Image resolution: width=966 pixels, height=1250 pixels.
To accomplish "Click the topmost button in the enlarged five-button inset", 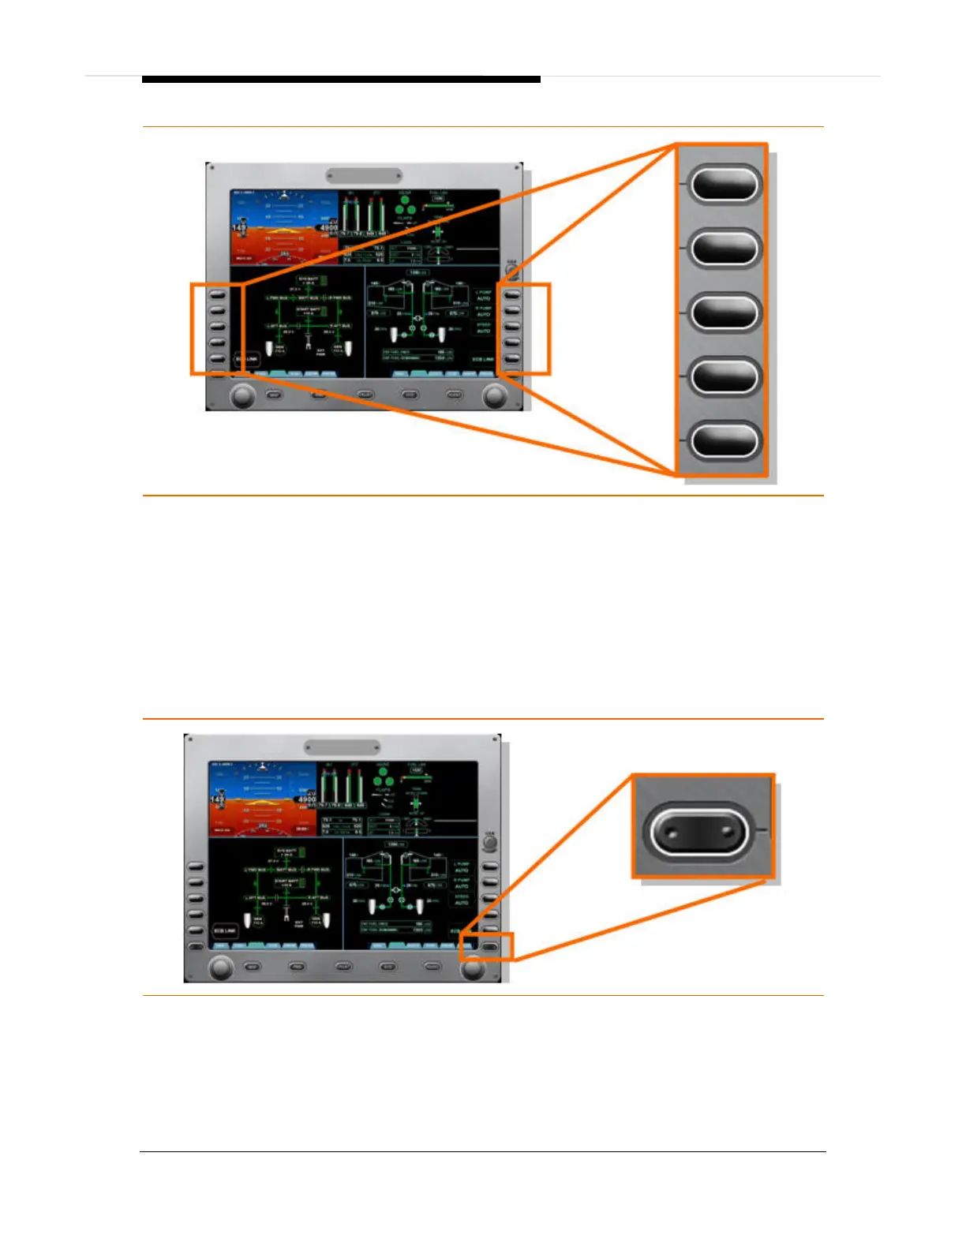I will tap(724, 185).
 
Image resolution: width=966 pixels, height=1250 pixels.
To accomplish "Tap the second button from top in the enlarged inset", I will tap(724, 249).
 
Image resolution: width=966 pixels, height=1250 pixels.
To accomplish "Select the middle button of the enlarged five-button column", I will tap(724, 312).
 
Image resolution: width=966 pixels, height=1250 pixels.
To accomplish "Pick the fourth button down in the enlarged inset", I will tap(724, 376).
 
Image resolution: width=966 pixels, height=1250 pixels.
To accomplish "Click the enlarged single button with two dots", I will tap(698, 833).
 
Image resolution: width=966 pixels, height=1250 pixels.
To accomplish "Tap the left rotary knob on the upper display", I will tap(242, 395).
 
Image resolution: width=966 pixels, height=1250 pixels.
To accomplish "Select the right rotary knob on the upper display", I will tap(495, 395).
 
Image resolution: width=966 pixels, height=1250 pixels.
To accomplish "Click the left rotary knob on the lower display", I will tap(220, 967).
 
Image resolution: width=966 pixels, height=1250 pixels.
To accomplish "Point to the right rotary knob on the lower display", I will tap(473, 967).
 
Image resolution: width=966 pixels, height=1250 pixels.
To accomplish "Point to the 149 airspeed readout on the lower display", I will tap(217, 799).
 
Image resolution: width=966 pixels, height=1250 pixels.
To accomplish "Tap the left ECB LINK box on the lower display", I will tap(226, 931).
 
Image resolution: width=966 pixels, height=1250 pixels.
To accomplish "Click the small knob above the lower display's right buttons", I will tap(490, 842).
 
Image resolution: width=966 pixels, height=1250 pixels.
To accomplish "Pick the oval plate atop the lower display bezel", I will tap(342, 747).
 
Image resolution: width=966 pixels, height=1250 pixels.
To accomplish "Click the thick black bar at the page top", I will tap(341, 80).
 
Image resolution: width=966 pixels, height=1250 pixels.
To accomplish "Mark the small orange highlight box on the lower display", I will tap(487, 946).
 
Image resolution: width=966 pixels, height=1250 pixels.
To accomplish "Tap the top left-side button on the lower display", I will tap(195, 866).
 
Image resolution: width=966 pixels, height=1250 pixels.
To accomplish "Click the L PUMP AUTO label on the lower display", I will tap(462, 867).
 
